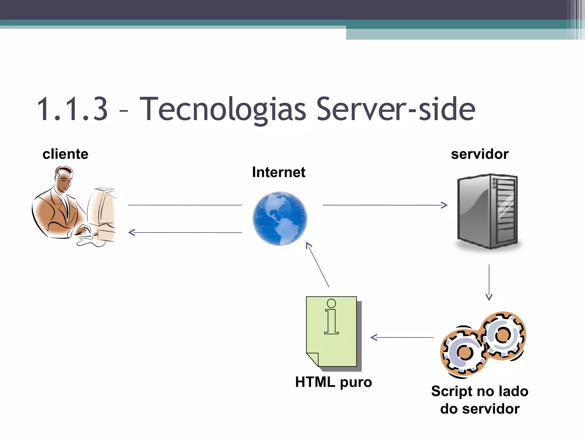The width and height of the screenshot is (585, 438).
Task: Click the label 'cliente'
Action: (x=65, y=154)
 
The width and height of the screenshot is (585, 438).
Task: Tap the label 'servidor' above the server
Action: (x=480, y=154)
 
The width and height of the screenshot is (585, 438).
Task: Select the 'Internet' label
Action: (x=279, y=172)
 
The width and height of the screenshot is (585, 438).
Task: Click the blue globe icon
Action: (x=280, y=218)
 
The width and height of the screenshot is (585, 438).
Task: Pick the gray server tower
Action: (x=488, y=211)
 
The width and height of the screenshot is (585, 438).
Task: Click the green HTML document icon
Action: (x=332, y=332)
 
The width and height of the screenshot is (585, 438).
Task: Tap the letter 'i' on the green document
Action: (x=331, y=317)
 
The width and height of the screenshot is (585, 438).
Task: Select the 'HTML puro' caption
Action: (x=333, y=382)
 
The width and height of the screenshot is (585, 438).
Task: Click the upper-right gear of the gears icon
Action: (x=503, y=335)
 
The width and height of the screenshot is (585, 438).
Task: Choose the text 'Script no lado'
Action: (x=480, y=391)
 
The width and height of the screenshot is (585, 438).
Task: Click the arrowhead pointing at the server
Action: (x=444, y=205)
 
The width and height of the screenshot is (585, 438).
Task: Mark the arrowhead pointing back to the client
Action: (x=131, y=232)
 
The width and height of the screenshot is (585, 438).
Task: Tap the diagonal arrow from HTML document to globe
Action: (x=318, y=265)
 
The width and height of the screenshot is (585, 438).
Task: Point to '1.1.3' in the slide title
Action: (x=73, y=109)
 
